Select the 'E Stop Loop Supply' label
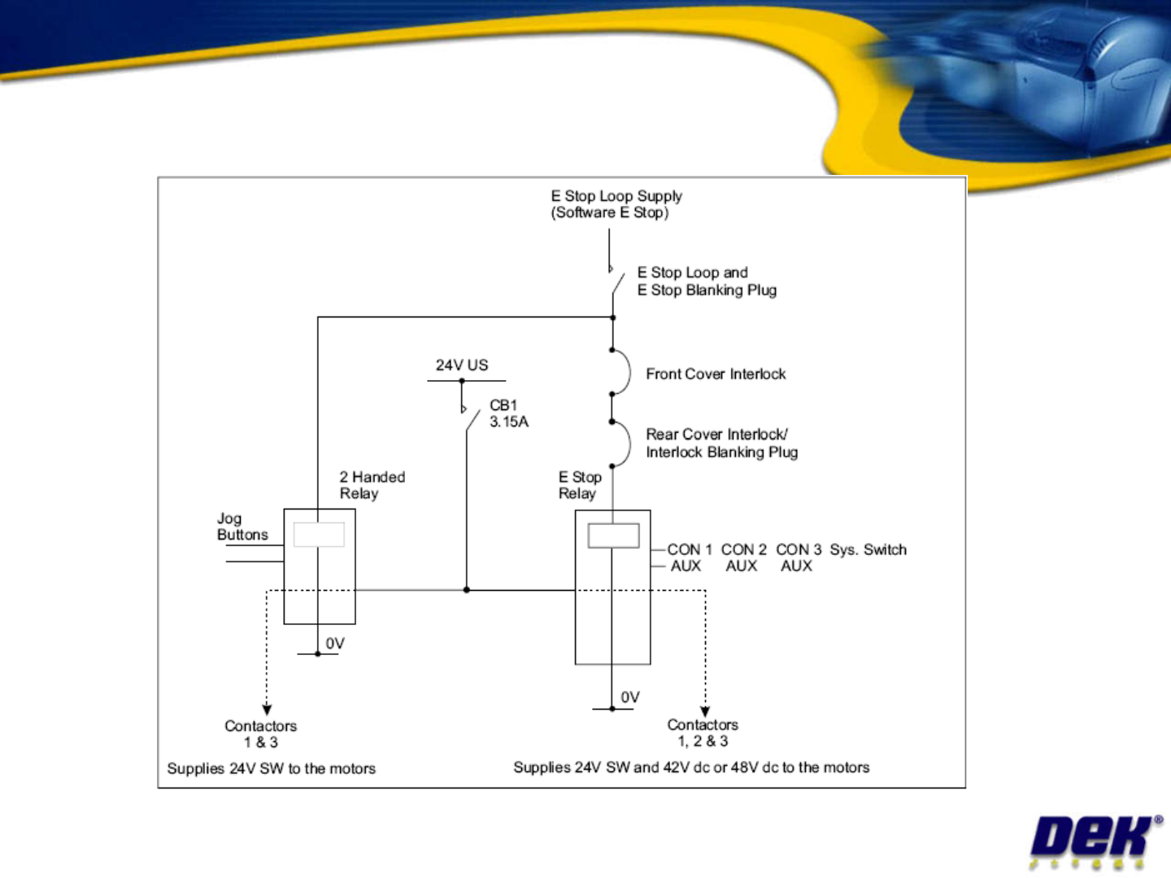616,196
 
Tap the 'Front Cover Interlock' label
716,373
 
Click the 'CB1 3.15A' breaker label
509,413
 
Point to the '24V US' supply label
461,365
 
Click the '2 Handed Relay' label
372,485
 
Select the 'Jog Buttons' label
242,526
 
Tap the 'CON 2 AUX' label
743,557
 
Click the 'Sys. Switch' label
868,550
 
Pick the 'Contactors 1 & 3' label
260,734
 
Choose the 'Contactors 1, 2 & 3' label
703,733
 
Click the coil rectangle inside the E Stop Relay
613,535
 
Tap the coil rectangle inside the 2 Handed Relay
319,535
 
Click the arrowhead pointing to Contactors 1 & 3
267,710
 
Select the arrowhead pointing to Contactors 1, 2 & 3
705,712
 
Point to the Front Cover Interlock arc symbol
630,373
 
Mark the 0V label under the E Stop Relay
630,697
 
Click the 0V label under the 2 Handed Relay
335,643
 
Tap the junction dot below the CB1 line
466,590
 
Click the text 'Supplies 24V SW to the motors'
271,769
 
